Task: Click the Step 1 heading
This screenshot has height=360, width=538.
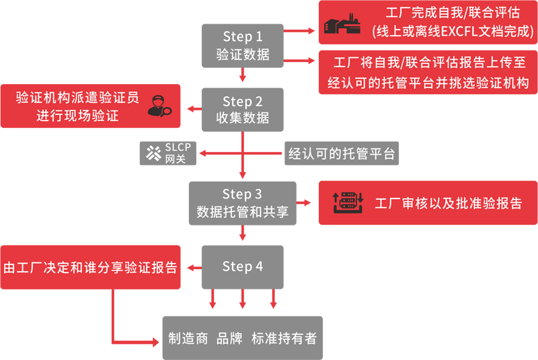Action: (x=243, y=37)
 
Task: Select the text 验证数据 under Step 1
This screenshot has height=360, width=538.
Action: (x=243, y=55)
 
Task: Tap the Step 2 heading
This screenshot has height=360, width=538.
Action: (x=243, y=102)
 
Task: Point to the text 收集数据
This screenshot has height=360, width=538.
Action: (x=243, y=118)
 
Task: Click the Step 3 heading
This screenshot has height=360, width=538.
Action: (x=243, y=194)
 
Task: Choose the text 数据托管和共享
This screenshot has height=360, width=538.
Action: (x=243, y=212)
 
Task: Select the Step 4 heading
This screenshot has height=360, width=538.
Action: (x=243, y=267)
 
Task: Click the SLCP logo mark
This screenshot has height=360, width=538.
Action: (x=153, y=153)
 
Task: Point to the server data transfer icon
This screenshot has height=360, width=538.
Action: (x=348, y=203)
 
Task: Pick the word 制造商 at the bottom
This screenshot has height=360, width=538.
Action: (x=188, y=338)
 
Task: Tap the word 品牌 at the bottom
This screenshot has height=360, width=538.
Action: (x=229, y=338)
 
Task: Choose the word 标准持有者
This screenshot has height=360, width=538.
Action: (x=284, y=338)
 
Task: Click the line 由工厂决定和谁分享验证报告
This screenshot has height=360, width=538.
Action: (x=90, y=268)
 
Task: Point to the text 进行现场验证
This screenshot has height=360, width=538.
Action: (x=77, y=116)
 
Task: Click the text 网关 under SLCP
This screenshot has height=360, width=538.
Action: (x=176, y=159)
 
